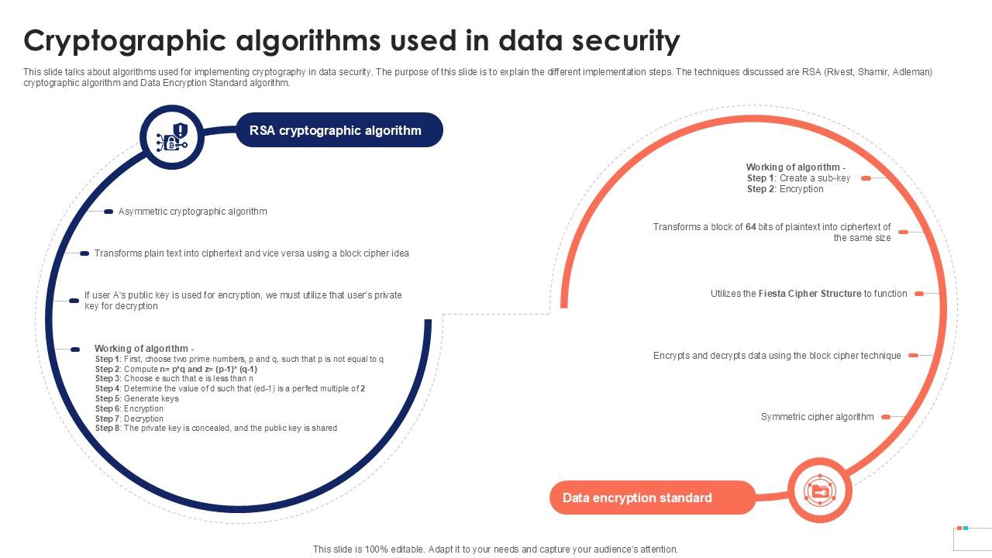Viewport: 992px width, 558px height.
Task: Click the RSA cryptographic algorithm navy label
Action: pos(339,130)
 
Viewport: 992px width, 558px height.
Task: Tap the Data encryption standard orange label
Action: pos(653,498)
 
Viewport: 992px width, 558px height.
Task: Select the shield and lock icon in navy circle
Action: pos(172,137)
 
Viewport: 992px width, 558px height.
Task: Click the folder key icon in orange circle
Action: pos(820,491)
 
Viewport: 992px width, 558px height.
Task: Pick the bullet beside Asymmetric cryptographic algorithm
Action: pos(108,212)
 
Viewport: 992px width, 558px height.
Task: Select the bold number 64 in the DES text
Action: pos(751,227)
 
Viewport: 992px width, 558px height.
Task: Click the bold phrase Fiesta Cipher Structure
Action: pos(810,294)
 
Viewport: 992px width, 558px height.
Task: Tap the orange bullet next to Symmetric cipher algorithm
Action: pos(886,417)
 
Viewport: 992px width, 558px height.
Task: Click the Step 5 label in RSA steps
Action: pos(108,398)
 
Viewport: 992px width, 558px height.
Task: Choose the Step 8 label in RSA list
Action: pos(108,429)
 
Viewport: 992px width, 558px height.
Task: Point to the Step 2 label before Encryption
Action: pos(761,189)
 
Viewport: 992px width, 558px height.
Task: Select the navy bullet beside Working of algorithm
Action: pos(75,350)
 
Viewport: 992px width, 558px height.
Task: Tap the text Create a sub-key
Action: pos(815,178)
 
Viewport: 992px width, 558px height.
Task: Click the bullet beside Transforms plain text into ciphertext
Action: pos(84,253)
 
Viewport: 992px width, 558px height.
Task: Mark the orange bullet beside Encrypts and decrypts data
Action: pos(913,355)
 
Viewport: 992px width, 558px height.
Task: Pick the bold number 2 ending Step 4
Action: pos(363,388)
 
